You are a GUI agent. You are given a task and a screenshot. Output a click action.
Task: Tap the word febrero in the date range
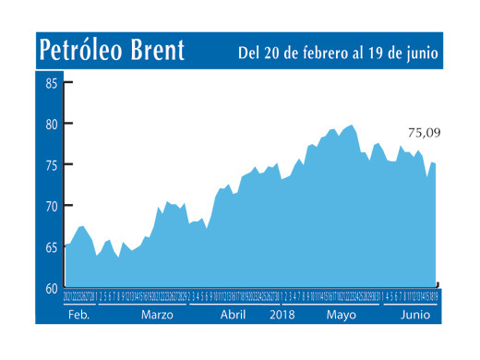[x=319, y=53]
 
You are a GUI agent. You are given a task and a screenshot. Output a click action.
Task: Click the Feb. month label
[x=78, y=314]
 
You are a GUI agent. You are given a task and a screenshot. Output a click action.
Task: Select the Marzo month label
[x=158, y=314]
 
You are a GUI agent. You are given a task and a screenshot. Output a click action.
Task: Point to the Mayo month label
[x=341, y=314]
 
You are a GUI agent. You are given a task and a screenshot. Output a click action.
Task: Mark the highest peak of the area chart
[x=353, y=125]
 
